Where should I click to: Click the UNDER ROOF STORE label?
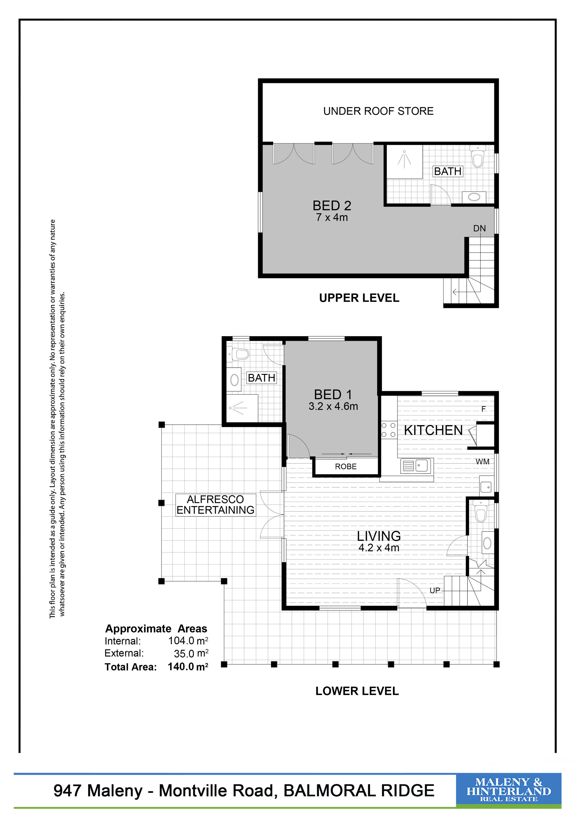(x=378, y=111)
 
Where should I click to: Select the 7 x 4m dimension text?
(x=332, y=217)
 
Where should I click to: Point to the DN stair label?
(x=479, y=228)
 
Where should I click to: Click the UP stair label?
(x=435, y=590)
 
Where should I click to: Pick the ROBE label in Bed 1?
(x=346, y=467)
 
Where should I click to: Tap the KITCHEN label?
(x=433, y=430)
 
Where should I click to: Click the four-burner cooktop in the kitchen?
(x=388, y=430)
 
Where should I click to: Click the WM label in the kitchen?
(x=482, y=462)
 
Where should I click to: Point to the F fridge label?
(x=483, y=409)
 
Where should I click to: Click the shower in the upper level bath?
(x=404, y=162)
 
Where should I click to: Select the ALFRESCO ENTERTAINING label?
(x=215, y=505)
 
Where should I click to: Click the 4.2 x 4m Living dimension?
(x=379, y=548)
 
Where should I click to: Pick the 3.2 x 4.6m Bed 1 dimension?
(x=333, y=406)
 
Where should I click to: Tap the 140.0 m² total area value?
(x=188, y=666)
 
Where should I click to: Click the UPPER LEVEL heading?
(x=359, y=298)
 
